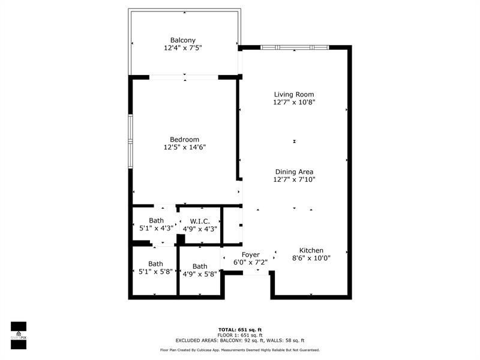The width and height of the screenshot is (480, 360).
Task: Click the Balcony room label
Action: (183, 40)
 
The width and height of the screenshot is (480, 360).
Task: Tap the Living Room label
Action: (294, 94)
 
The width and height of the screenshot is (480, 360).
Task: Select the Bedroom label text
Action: (184, 139)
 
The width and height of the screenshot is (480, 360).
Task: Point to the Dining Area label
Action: (294, 172)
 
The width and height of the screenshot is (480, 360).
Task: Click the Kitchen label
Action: (311, 250)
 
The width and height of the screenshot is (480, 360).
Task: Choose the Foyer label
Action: (250, 254)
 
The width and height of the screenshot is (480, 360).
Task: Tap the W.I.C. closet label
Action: (200, 221)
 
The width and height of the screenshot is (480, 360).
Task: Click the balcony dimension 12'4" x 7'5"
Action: (183, 48)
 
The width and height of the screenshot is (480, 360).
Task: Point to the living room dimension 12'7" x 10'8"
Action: (294, 102)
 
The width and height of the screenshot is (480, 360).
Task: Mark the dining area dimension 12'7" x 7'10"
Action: (294, 179)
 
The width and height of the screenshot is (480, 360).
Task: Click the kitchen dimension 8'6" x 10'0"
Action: (311, 258)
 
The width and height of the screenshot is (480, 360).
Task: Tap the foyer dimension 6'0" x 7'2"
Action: (250, 262)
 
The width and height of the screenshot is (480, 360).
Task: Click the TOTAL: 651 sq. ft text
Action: (239, 329)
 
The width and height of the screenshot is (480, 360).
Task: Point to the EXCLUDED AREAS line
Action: (239, 340)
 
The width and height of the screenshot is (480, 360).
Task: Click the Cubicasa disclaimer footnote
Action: (239, 350)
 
